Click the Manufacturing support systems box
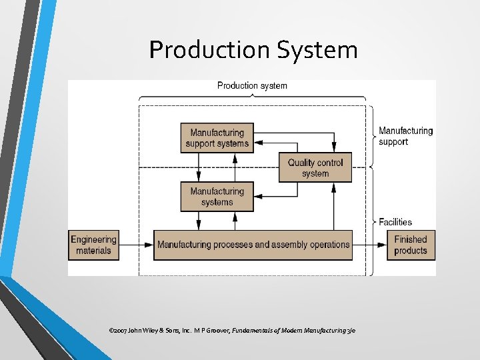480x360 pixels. click(217, 138)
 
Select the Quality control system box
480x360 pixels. click(315, 167)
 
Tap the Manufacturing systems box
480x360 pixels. click(217, 197)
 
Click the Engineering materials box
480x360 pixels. click(93, 245)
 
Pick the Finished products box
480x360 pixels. click(411, 245)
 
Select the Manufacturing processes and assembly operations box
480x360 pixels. click(253, 245)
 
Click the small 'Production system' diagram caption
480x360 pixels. click(252, 85)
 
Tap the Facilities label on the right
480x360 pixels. click(395, 222)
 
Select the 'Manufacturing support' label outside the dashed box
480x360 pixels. click(405, 136)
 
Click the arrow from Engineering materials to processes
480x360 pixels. click(136, 245)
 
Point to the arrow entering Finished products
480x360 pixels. click(369, 245)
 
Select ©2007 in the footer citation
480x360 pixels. click(118, 331)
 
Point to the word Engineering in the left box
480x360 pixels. click(93, 240)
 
